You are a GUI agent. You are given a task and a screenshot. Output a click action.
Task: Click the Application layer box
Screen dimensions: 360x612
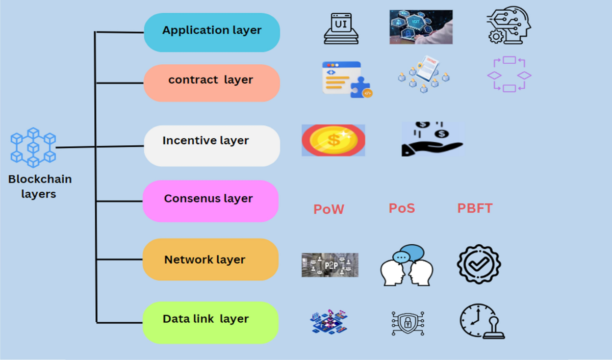212,32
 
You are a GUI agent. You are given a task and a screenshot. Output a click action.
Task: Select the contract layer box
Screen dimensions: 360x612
212,82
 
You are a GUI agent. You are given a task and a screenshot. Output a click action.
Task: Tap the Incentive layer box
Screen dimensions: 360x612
212,145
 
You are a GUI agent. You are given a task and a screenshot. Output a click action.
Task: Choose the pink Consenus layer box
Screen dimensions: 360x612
210,200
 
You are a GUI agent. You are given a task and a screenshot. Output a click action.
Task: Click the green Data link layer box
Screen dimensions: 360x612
210,322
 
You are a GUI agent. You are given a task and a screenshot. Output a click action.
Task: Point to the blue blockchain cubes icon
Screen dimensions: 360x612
33,147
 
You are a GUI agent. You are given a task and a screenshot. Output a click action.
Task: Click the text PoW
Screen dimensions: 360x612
328,209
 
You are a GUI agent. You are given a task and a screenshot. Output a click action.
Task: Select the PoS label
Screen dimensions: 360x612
402,208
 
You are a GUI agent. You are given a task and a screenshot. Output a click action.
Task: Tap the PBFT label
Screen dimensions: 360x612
475,208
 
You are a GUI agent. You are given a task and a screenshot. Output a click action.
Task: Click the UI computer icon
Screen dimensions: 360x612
340,28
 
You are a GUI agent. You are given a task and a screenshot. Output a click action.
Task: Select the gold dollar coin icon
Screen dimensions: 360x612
333,140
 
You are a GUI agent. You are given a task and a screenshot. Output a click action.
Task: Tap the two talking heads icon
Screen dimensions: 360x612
406,265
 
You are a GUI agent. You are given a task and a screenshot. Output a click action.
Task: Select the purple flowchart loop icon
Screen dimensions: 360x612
509,74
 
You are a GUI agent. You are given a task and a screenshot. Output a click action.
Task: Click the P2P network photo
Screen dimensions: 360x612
329,265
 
